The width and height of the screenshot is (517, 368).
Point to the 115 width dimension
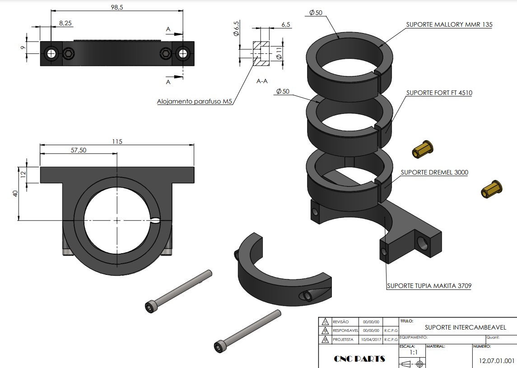(116, 141)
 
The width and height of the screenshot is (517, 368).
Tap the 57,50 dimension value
(79, 150)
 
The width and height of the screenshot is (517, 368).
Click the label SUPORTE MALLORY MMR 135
(449, 24)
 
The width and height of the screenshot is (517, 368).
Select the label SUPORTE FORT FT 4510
(439, 93)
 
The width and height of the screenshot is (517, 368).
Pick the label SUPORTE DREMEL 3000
(434, 172)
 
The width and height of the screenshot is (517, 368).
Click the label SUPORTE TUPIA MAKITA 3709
(429, 286)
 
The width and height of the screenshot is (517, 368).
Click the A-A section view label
(262, 81)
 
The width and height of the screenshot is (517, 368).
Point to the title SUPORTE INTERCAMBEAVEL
(466, 327)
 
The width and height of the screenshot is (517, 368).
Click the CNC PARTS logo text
(359, 359)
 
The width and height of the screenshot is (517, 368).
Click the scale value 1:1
(413, 352)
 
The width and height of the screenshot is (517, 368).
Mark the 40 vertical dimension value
(15, 193)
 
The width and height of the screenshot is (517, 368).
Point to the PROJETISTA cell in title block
(343, 340)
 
